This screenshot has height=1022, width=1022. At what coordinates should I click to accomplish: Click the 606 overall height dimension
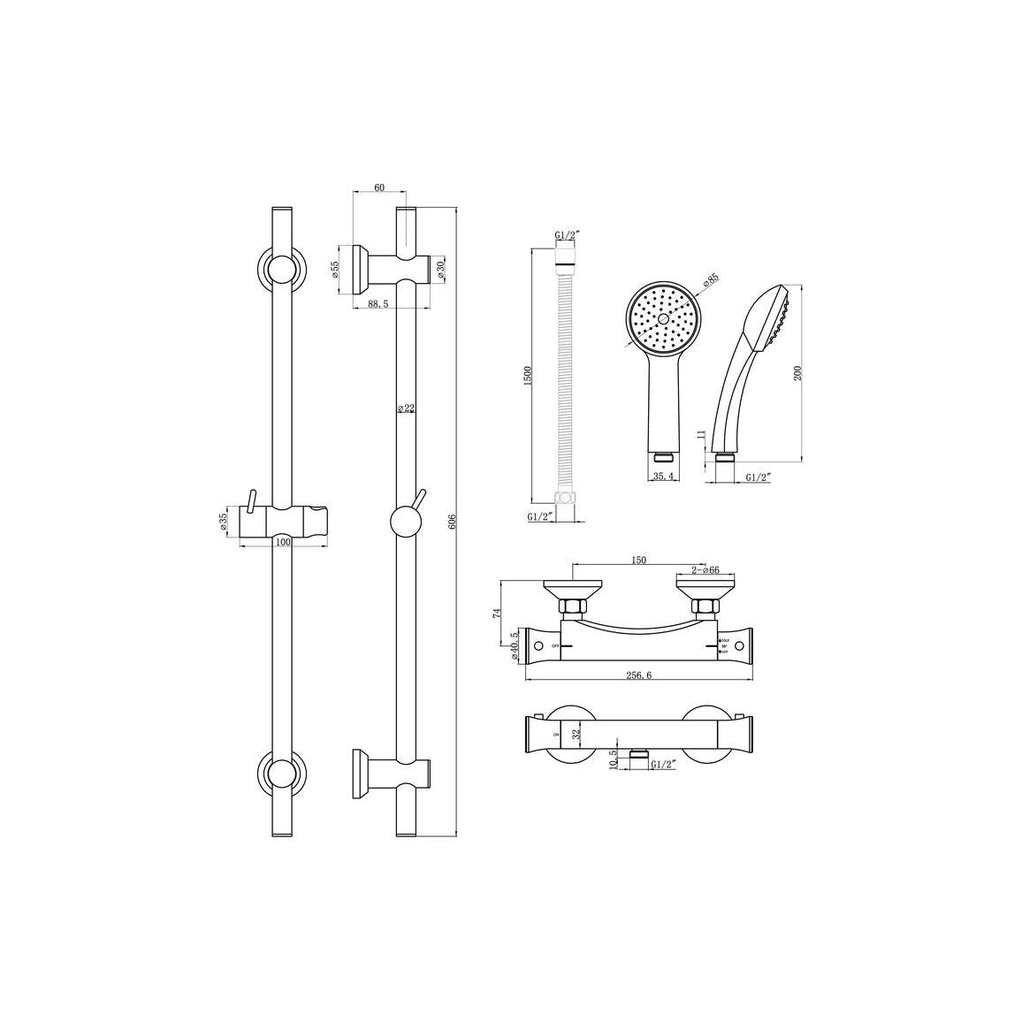452,522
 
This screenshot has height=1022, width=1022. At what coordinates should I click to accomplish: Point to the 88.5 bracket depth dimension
378,303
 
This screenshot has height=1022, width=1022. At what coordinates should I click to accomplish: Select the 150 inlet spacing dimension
638,560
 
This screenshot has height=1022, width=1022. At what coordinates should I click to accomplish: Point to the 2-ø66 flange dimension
705,570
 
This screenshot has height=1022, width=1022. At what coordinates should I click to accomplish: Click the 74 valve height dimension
497,612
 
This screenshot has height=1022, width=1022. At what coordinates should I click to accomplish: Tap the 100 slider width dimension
282,541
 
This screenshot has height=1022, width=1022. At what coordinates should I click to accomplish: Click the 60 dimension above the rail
378,187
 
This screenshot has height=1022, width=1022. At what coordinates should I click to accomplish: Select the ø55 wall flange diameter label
337,271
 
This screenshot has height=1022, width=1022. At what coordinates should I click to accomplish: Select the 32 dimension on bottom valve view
576,733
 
